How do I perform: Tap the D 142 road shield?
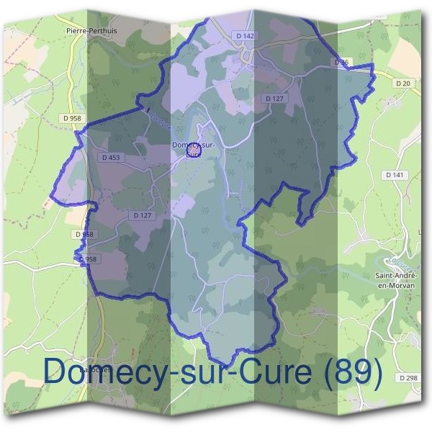(246, 35)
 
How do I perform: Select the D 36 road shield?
(341, 63)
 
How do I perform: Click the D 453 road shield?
(112, 158)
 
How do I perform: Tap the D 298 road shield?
(407, 378)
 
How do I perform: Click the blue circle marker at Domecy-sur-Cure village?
(193, 149)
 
